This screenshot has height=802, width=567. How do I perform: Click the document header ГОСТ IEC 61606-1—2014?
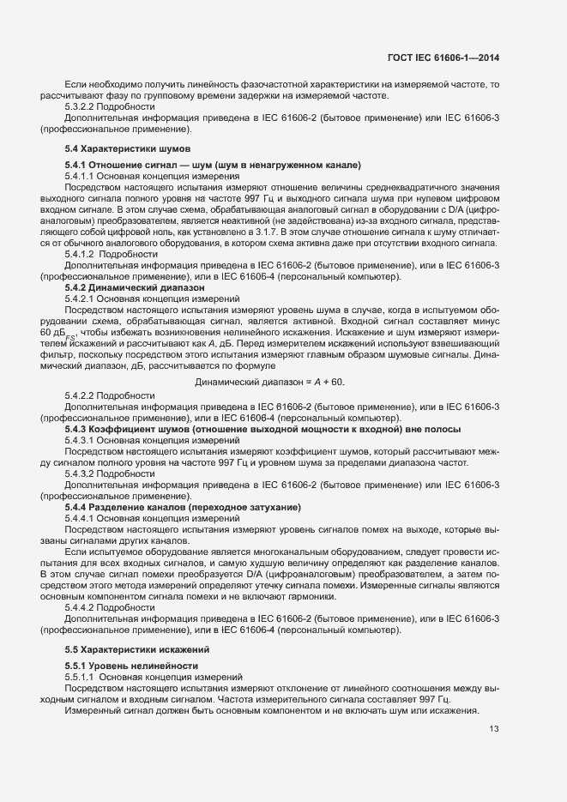point(443,57)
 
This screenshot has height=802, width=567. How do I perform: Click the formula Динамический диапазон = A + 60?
point(270,381)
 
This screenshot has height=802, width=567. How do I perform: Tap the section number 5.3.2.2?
point(81,106)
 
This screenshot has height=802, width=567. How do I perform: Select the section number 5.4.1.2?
point(81,254)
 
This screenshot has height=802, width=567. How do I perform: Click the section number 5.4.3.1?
point(81,439)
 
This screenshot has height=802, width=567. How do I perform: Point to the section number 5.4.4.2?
point(81,607)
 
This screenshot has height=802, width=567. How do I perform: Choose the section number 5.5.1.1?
point(81,677)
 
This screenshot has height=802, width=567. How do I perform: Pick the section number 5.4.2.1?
point(81,298)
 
